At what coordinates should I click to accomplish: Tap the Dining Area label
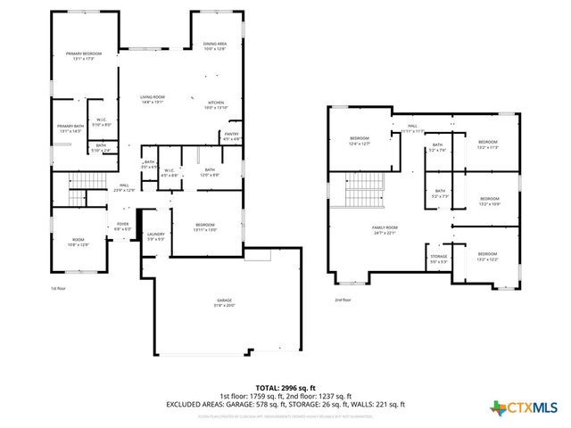(215, 45)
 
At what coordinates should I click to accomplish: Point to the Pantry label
(231, 136)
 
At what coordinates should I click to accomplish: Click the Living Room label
(152, 99)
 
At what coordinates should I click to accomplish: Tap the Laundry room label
(155, 236)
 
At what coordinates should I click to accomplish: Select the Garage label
(224, 302)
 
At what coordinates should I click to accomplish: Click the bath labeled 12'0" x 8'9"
(210, 172)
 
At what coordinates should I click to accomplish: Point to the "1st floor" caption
(58, 288)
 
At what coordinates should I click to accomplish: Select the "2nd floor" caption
(343, 300)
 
